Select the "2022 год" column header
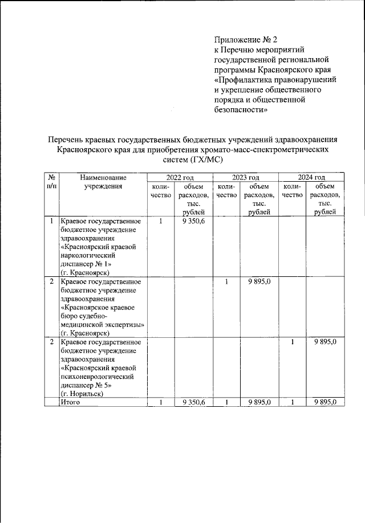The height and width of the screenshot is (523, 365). (x=179, y=178)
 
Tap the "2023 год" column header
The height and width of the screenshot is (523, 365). (x=245, y=178)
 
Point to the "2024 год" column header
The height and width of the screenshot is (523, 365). (x=311, y=178)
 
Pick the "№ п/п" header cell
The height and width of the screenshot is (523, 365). (x=51, y=182)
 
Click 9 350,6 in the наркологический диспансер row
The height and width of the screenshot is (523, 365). (x=194, y=221)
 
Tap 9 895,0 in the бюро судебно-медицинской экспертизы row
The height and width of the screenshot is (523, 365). (x=259, y=281)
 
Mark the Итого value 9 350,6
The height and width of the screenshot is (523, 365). (x=194, y=402)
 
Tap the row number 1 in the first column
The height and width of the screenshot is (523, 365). (x=51, y=221)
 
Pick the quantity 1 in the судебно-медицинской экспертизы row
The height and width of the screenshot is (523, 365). (x=226, y=281)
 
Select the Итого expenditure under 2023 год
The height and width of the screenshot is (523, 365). (x=259, y=402)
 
